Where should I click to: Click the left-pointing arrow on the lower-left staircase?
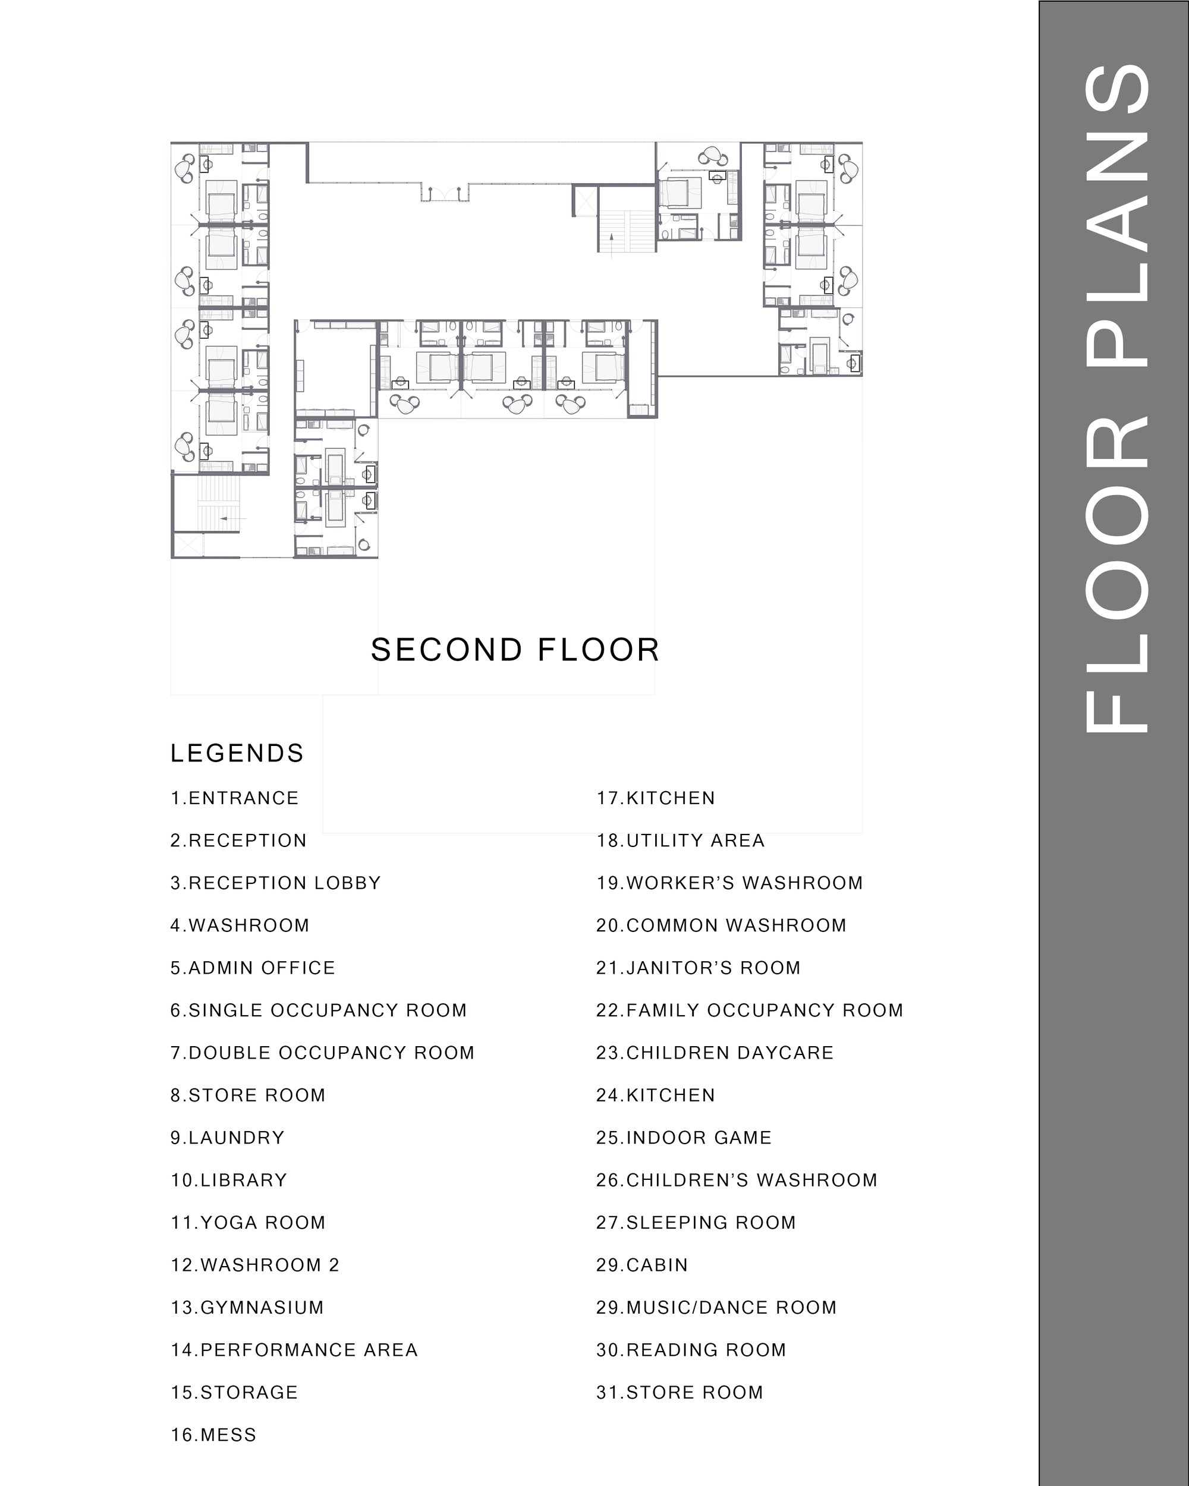234,518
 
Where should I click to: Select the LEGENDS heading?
237,753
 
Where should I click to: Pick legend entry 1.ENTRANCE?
235,798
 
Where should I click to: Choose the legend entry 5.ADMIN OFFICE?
253,968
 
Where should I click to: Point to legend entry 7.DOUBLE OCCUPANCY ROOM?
323,1053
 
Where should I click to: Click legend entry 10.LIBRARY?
229,1180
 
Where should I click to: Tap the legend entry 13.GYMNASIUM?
247,1308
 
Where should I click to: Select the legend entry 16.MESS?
213,1435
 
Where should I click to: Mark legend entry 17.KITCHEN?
656,798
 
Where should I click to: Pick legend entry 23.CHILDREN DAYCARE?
715,1053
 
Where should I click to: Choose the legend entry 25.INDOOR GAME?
684,1137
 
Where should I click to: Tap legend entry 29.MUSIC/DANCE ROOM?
717,1308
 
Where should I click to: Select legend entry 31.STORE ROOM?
680,1392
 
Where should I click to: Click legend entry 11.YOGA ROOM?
248,1222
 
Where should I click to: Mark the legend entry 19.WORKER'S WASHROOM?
730,883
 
